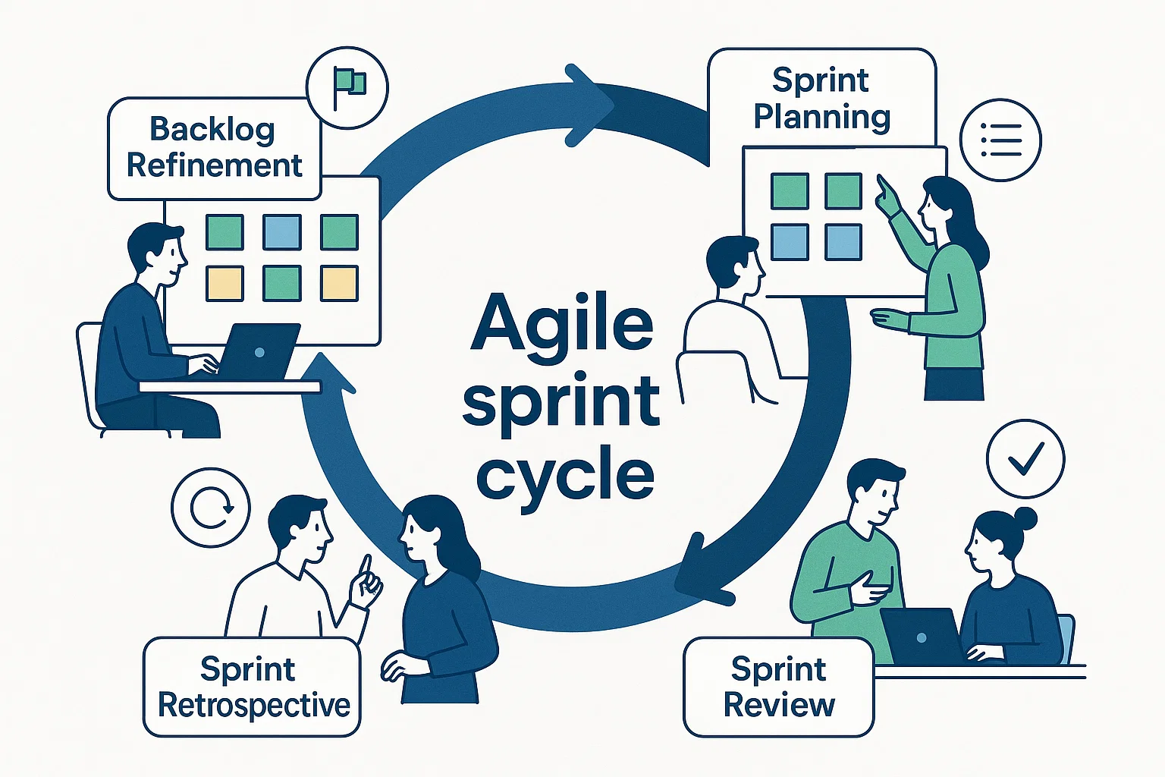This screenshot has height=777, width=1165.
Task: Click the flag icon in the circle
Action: tap(348, 87)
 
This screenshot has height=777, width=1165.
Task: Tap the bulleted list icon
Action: tap(1000, 140)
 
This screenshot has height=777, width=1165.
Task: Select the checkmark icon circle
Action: tap(1025, 458)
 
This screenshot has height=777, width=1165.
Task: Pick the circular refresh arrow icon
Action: tap(210, 508)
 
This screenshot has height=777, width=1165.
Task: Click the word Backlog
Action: tap(212, 130)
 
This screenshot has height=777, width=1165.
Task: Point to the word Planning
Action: tap(821, 117)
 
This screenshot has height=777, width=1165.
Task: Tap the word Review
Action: tap(779, 704)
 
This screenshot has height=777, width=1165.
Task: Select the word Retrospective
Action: tap(253, 705)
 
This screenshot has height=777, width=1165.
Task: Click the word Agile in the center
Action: tap(561, 325)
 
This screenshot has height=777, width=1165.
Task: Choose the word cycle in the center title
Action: tap(565, 477)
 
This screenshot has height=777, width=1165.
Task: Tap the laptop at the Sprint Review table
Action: tap(921, 636)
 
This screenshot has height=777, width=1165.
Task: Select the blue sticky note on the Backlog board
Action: tap(281, 231)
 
